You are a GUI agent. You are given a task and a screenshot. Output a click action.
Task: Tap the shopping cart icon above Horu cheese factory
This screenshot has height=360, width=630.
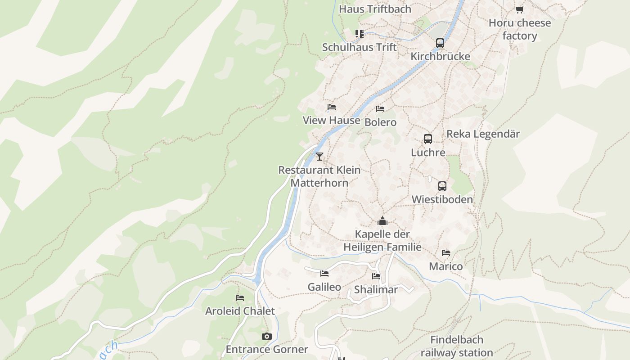520,9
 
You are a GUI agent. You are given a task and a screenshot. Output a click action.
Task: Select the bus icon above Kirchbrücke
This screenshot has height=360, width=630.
440,43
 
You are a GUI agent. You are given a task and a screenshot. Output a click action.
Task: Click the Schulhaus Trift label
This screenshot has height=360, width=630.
360,47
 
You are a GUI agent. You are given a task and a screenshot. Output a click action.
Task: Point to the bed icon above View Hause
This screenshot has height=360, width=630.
332,107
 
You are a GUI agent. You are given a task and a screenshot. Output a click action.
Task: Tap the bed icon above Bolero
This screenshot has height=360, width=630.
380,109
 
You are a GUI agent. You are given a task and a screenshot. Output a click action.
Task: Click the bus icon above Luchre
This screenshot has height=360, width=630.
428,139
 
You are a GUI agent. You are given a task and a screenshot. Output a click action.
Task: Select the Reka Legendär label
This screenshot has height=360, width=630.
483,134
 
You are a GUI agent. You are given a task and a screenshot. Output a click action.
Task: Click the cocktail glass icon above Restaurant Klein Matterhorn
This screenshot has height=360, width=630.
319,157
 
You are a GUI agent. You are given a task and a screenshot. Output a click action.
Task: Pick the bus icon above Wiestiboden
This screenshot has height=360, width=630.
442,186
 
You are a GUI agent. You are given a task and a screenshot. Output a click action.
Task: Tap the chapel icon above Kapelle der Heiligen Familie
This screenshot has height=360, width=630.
382,221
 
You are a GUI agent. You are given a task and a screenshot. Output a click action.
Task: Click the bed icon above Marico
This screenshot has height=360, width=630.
446,253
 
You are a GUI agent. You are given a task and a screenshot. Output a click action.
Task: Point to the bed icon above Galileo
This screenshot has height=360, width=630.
324,274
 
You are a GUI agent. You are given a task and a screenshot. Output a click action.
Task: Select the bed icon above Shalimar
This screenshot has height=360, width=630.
376,276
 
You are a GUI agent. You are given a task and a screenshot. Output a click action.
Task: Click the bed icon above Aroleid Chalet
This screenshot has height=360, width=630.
240,298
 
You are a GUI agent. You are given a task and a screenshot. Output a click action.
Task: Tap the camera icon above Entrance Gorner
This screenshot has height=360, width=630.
267,337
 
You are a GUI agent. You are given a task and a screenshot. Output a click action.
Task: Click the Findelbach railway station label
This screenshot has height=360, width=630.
457,346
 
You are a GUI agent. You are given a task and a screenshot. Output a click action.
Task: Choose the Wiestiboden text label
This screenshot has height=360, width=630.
442,199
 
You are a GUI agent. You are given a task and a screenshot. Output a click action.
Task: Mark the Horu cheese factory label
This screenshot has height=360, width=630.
520,29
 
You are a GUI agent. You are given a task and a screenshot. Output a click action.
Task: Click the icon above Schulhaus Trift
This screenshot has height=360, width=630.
359,34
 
